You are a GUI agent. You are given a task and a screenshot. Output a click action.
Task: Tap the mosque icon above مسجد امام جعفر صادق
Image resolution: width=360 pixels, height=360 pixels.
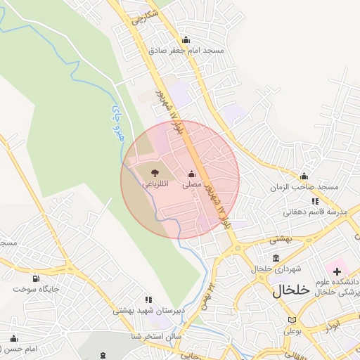tap(186, 39)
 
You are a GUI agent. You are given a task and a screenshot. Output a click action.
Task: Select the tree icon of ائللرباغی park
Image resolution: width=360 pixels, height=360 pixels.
tap(155, 173)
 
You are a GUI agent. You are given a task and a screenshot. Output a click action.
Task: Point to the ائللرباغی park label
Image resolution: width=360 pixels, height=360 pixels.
tap(155, 185)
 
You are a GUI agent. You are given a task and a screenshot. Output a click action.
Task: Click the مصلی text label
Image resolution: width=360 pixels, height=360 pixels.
tap(192, 185)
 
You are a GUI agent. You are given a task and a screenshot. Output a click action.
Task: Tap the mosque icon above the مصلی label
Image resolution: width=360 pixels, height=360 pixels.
tap(191, 174)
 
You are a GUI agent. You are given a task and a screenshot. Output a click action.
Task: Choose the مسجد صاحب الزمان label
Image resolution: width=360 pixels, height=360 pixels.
tap(306, 188)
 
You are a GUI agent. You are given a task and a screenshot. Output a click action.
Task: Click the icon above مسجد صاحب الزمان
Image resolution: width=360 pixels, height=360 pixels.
tap(304, 176)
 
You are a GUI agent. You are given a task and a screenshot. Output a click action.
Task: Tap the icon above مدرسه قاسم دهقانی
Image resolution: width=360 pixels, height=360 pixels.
tap(315, 201)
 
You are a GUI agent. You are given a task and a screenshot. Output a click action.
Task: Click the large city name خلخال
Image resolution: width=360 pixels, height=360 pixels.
tap(291, 290)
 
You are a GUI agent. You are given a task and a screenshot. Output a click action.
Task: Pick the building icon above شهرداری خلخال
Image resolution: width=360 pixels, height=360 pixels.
tap(275, 258)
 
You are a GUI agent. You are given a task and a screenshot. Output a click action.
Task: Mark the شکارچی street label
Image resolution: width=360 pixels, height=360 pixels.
tap(145, 17)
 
